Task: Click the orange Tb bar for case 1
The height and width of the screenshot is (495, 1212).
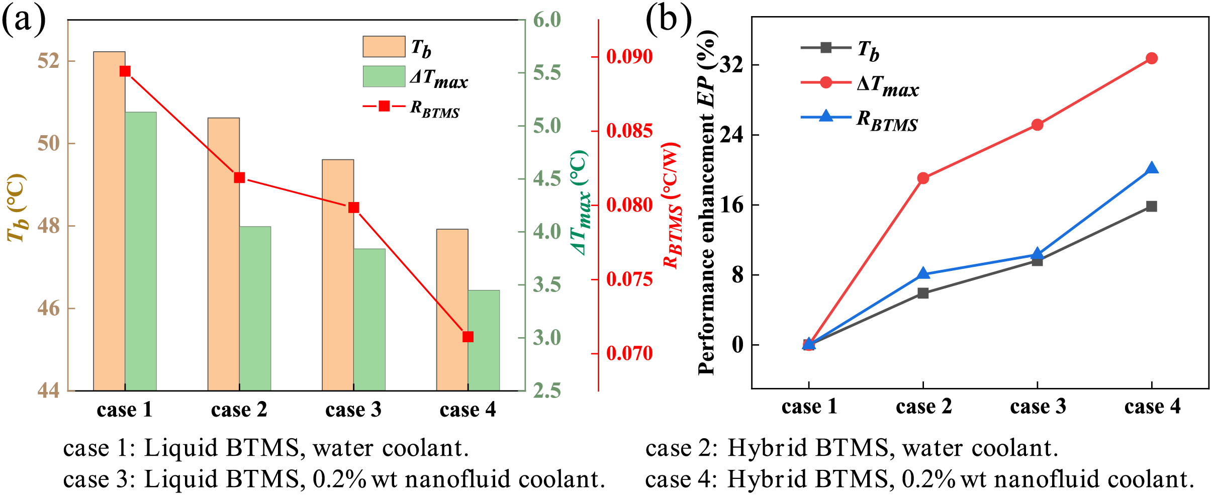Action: click(109, 221)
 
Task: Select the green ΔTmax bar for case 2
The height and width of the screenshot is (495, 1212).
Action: click(255, 309)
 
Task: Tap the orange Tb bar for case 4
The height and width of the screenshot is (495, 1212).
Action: click(452, 310)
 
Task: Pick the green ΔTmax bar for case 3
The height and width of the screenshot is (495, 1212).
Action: click(369, 320)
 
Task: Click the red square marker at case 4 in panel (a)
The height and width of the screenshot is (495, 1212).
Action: click(468, 337)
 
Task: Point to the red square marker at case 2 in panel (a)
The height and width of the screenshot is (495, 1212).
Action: click(239, 178)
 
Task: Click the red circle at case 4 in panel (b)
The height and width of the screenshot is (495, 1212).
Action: click(1151, 58)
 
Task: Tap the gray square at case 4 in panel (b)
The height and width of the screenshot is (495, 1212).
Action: click(1151, 207)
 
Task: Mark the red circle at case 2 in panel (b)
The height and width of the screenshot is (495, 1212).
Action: click(923, 178)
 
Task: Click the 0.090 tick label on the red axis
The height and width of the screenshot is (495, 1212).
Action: click(629, 56)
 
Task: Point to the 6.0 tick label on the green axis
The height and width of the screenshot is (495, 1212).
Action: click(547, 20)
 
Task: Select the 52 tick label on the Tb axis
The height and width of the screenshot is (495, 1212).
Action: click(48, 61)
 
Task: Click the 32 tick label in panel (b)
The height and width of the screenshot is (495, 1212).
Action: click(732, 65)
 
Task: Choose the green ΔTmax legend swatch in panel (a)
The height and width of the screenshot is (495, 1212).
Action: click(384, 76)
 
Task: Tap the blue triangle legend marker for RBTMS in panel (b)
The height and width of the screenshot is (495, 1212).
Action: click(826, 117)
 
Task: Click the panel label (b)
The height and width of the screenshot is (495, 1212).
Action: click(668, 20)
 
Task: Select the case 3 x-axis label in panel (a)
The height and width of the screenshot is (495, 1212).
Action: click(353, 410)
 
